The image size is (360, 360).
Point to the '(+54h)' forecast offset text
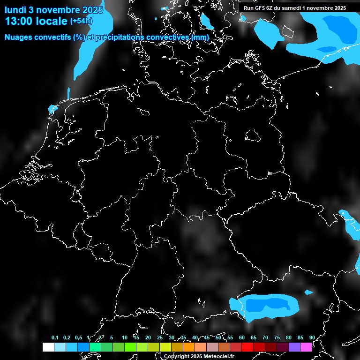[81, 21]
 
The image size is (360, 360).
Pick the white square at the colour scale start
[48, 347]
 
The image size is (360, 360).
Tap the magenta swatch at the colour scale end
[306, 347]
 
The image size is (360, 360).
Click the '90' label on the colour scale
[312, 337]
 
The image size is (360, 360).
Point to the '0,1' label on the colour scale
[55, 337]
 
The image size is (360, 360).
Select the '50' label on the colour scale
[218, 337]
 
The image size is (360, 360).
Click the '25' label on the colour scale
[160, 337]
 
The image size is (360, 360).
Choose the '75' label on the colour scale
[277, 337]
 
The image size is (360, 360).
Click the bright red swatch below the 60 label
[247, 347]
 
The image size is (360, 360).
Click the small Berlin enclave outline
[253, 135]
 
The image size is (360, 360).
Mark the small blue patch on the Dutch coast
[52, 110]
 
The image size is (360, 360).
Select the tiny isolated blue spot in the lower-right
[308, 292]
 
